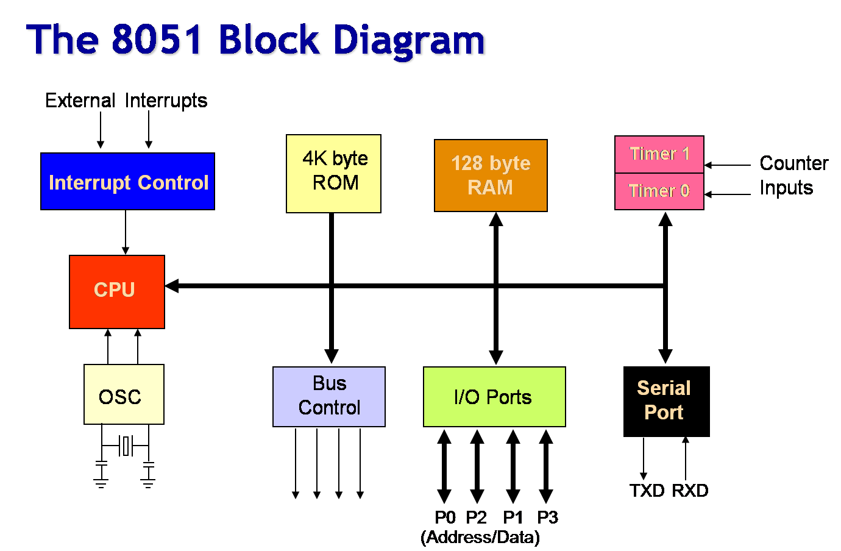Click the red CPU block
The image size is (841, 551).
(116, 291)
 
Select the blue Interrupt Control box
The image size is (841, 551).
(127, 182)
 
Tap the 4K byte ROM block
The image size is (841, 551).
(333, 174)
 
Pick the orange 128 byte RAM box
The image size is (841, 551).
(491, 176)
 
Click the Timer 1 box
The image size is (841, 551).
(659, 154)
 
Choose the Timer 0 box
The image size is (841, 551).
(659, 191)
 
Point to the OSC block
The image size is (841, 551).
(124, 394)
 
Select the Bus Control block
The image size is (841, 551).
(329, 397)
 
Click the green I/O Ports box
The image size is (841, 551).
(494, 397)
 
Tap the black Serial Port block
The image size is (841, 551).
(666, 401)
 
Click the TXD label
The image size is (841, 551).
(647, 491)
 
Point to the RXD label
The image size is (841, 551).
(690, 491)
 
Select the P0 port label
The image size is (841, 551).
(445, 517)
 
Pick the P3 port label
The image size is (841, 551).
(547, 517)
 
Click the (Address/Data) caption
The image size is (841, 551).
(480, 538)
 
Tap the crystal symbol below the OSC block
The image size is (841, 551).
(126, 446)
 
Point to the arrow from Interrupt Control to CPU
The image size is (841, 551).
(126, 232)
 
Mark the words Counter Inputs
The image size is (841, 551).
(793, 176)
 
